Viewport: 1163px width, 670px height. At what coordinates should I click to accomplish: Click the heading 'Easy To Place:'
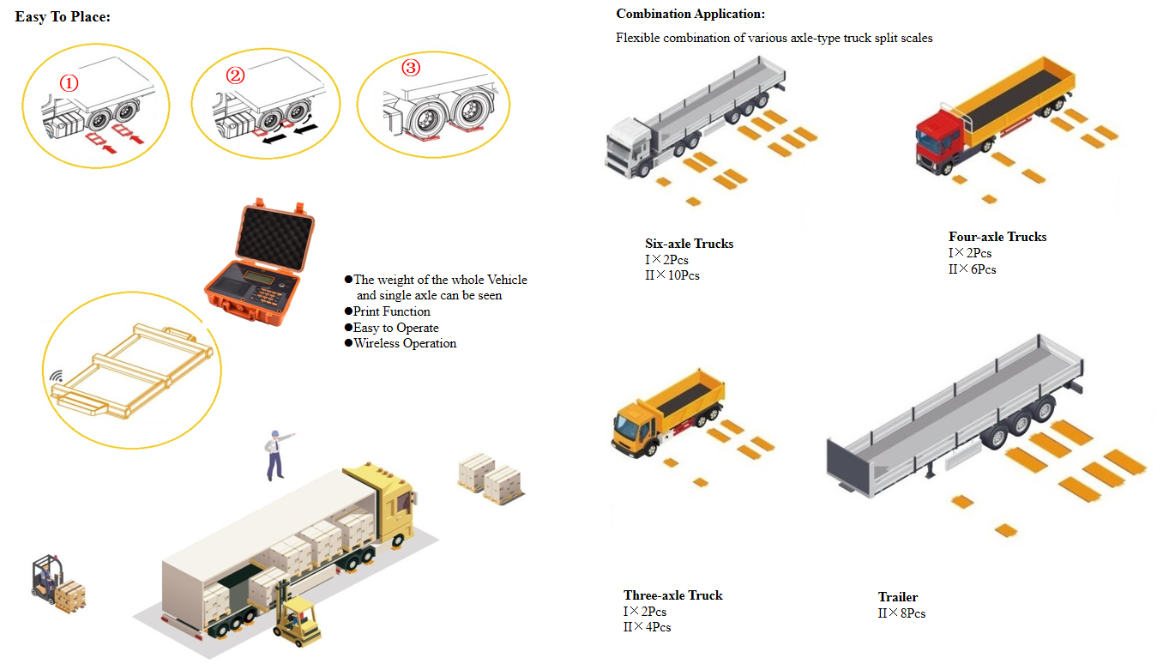click(63, 17)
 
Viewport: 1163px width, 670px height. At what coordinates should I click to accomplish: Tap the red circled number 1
click(69, 83)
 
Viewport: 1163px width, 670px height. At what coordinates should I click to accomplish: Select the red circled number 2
click(235, 75)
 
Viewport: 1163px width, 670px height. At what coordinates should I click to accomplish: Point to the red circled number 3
click(411, 68)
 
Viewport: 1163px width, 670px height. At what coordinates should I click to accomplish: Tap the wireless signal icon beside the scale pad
click(56, 376)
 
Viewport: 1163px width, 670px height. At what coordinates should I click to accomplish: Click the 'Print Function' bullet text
click(391, 311)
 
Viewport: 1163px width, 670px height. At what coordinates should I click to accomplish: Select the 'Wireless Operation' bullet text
click(405, 343)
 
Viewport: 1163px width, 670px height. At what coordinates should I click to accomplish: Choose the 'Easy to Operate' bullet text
click(395, 328)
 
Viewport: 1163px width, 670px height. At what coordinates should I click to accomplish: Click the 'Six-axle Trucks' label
click(689, 244)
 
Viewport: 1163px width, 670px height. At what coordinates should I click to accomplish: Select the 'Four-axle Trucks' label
click(997, 237)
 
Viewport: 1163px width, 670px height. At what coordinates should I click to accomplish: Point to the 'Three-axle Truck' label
click(673, 595)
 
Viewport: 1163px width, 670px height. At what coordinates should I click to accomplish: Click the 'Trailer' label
click(898, 597)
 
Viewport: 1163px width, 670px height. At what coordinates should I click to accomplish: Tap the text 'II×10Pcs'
click(672, 275)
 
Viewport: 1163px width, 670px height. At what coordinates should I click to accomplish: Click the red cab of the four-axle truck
click(938, 140)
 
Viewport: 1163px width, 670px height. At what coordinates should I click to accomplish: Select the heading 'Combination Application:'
click(690, 14)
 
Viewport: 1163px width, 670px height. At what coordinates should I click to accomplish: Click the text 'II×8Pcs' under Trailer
click(901, 613)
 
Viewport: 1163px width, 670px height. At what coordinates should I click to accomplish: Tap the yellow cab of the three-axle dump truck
click(635, 429)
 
